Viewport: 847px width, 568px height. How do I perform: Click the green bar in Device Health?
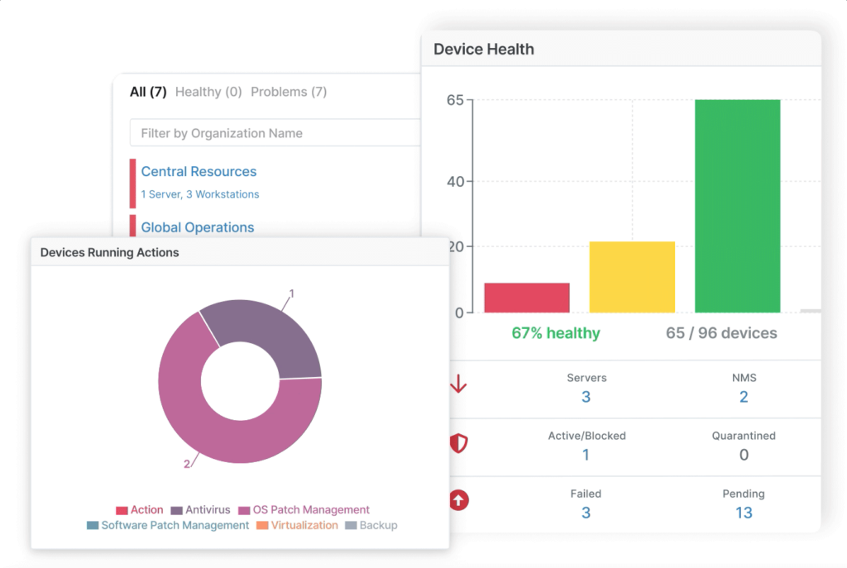(x=737, y=206)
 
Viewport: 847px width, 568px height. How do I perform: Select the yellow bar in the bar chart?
(x=632, y=277)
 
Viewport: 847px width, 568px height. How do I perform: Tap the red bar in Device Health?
(x=527, y=298)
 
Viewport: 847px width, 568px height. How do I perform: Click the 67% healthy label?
(x=556, y=333)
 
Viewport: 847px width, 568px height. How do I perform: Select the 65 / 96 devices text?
(x=721, y=333)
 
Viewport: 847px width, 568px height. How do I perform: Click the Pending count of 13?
(x=744, y=513)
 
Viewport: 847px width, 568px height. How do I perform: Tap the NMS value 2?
(x=744, y=397)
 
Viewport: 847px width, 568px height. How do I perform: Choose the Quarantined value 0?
(x=744, y=455)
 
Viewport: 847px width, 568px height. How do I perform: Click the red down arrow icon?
(x=458, y=386)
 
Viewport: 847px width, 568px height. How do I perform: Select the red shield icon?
(x=458, y=444)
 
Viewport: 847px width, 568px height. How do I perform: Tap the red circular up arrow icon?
(x=458, y=501)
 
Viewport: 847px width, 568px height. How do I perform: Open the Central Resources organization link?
(x=199, y=172)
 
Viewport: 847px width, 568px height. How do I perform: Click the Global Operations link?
(x=198, y=227)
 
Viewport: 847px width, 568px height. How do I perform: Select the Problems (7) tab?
(x=289, y=92)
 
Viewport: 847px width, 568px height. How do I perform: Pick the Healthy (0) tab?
(x=208, y=92)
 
